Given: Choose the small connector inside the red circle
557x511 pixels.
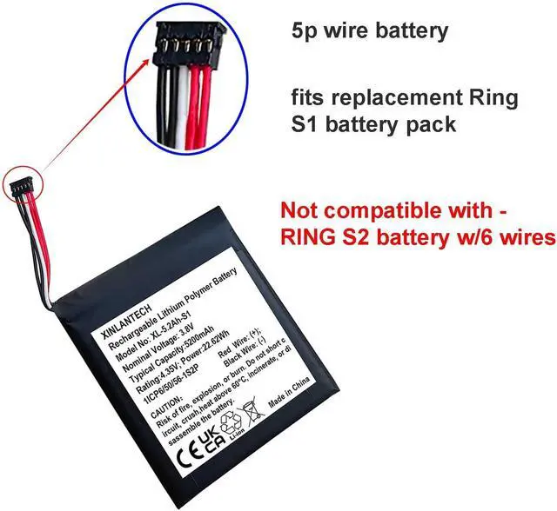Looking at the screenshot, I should tap(21, 184).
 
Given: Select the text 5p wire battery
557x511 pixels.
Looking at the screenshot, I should tap(370, 32).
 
